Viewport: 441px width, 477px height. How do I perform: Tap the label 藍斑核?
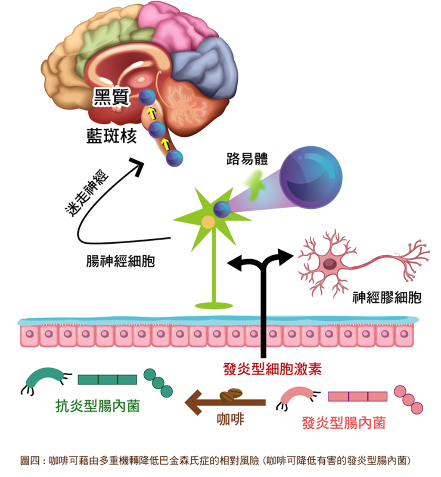click(112, 136)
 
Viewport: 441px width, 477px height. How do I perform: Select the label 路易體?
click(247, 158)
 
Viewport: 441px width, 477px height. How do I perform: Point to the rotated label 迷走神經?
click(87, 194)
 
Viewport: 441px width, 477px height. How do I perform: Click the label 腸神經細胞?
click(121, 261)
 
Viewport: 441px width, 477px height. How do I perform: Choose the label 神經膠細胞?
click(387, 297)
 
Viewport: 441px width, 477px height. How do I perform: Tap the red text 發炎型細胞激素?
click(273, 369)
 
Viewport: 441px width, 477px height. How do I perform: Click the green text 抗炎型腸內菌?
click(97, 406)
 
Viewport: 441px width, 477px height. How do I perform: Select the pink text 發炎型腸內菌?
click(344, 423)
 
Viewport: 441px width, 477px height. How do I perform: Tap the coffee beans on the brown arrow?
click(231, 395)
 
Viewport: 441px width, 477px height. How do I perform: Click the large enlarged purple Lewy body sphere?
click(311, 178)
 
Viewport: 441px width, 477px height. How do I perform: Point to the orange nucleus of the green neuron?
click(208, 222)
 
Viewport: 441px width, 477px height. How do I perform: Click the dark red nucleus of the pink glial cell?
click(329, 264)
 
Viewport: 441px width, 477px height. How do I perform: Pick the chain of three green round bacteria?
click(158, 383)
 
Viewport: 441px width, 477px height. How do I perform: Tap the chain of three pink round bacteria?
click(408, 399)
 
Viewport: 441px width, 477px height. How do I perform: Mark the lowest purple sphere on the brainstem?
click(174, 158)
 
